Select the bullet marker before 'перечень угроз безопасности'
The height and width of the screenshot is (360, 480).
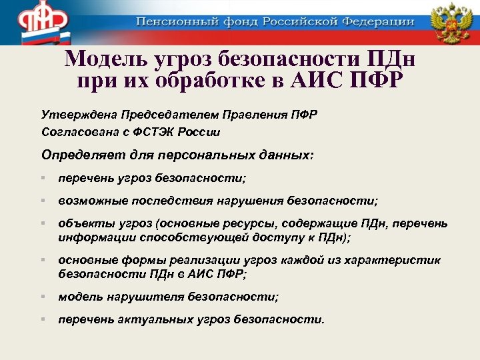(x=42, y=178)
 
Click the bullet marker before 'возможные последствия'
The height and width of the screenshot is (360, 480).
(x=42, y=200)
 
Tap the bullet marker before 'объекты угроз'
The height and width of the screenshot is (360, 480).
(x=42, y=223)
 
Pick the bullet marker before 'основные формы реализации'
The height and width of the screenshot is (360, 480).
(x=42, y=259)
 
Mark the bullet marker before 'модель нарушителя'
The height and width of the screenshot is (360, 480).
(x=42, y=296)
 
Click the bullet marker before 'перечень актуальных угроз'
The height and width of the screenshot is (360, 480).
(x=42, y=319)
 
